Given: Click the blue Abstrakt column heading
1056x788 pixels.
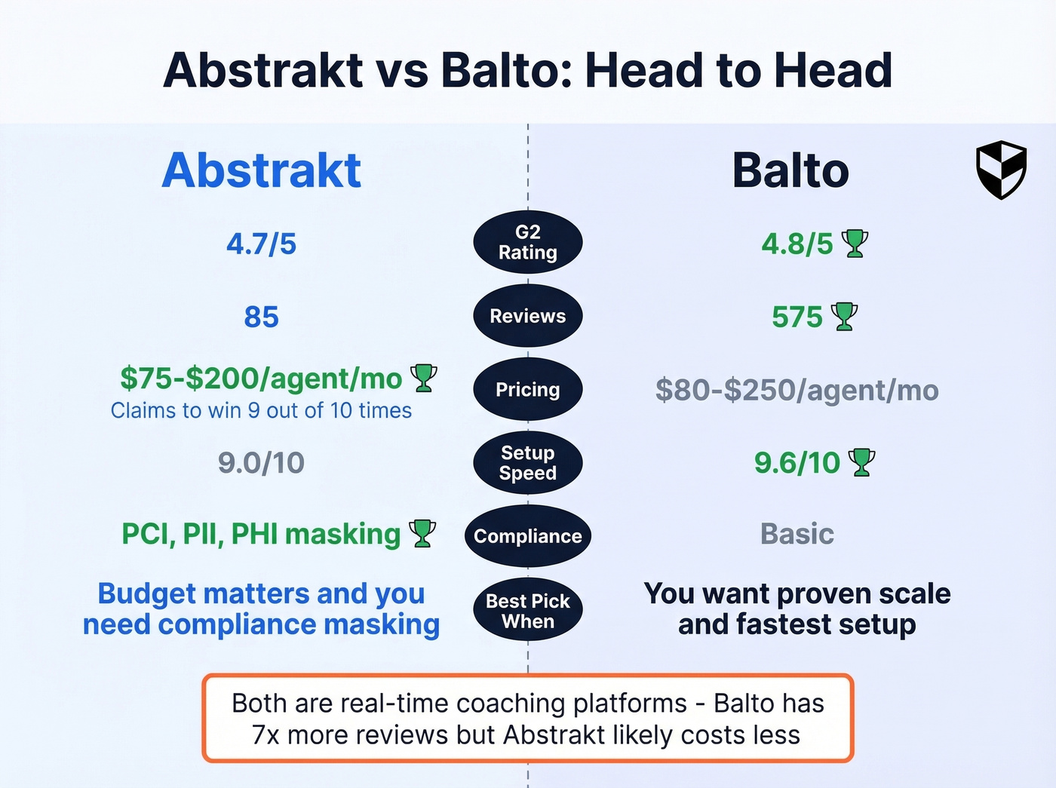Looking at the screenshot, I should (x=261, y=170).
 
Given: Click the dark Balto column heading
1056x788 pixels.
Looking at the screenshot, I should (x=790, y=170).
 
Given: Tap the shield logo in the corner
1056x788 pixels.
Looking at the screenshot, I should (x=1001, y=170).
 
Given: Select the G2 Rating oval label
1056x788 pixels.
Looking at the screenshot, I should (x=527, y=242).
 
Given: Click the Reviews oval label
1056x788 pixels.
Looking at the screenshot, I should (x=527, y=316).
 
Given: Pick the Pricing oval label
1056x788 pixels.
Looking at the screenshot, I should (x=527, y=389).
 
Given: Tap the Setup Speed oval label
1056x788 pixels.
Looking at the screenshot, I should (x=527, y=463).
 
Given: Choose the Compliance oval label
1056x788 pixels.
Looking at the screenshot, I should (x=527, y=536).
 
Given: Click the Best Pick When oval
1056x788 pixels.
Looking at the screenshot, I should (x=527, y=611).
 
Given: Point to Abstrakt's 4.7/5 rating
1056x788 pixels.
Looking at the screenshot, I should (x=261, y=244).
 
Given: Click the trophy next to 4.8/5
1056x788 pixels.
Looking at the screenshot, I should (x=855, y=244).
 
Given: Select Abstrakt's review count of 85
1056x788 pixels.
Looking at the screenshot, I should (x=261, y=317).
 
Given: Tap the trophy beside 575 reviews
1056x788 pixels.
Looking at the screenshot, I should (x=844, y=317).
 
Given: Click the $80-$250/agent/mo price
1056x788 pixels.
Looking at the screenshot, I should (x=797, y=391).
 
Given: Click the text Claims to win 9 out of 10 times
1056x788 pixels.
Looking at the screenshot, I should (x=261, y=410).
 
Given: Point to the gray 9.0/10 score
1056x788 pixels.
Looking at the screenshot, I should (x=261, y=463).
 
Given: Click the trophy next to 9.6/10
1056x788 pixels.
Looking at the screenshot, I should (x=861, y=462).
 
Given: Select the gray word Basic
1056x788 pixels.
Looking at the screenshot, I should (x=797, y=534).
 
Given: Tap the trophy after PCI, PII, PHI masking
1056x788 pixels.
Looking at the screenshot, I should (x=422, y=533).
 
